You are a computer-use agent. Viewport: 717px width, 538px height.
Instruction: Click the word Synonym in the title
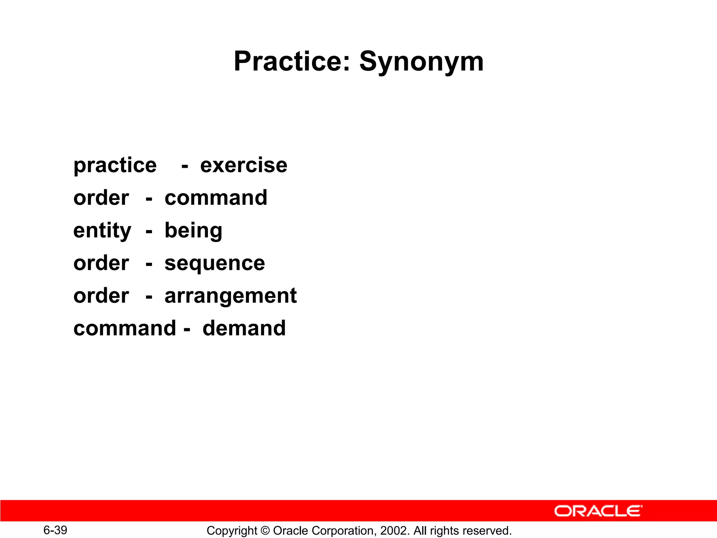[x=422, y=62]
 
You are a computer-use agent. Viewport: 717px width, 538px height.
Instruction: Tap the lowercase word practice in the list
[x=115, y=166]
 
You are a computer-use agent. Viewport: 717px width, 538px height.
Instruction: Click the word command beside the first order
[x=216, y=198]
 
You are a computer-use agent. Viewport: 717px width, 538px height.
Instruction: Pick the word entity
[x=102, y=231]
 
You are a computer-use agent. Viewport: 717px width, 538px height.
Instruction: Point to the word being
[x=193, y=231]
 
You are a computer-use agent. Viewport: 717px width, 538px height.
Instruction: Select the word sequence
[x=215, y=263]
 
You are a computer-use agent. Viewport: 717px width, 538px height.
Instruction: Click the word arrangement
[x=230, y=296]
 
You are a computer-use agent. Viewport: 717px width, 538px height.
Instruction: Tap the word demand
[x=244, y=328]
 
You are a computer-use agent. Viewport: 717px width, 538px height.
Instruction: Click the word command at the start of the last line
[x=125, y=328]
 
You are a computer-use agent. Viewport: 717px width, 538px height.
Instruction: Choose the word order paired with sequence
[x=101, y=263]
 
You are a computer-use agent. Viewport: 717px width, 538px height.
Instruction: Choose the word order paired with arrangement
[x=101, y=296]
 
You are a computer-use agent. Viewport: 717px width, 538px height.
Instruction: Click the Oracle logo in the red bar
[x=598, y=511]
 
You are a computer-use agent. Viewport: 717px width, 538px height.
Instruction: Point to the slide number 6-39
[x=55, y=530]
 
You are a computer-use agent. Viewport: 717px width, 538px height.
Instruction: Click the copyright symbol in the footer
[x=265, y=531]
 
